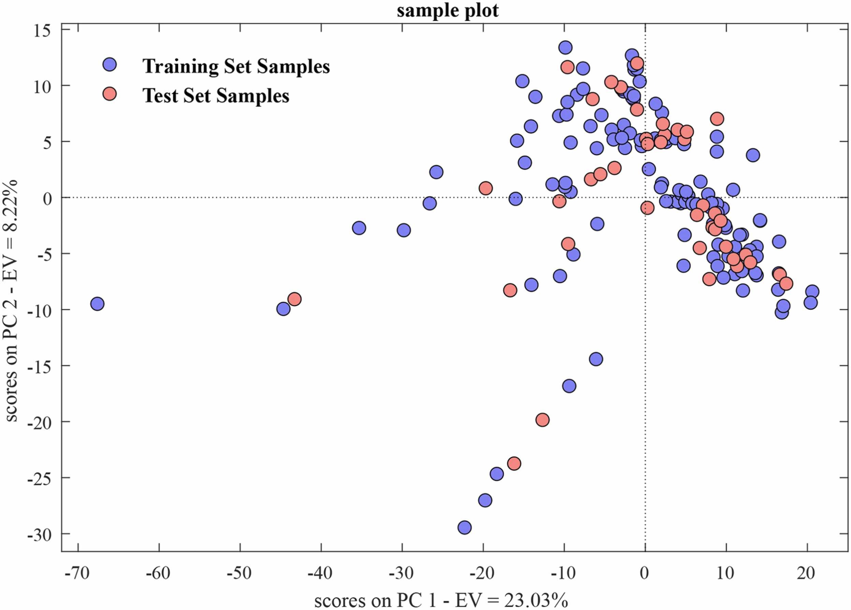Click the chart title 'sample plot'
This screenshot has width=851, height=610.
pyautogui.click(x=447, y=10)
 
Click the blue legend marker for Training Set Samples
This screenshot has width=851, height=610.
pyautogui.click(x=109, y=65)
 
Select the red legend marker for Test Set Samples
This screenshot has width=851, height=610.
pyautogui.click(x=109, y=94)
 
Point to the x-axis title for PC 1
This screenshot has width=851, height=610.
pyautogui.click(x=441, y=600)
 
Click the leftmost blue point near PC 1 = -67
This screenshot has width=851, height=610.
pyautogui.click(x=97, y=304)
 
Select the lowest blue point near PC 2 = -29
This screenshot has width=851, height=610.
pyautogui.click(x=465, y=528)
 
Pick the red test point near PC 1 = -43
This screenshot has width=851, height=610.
pyautogui.click(x=295, y=299)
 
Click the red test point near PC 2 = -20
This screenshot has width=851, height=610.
pyautogui.click(x=543, y=420)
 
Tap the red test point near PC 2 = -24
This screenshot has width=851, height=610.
pyautogui.click(x=514, y=463)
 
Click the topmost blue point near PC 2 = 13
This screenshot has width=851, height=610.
pyautogui.click(x=565, y=48)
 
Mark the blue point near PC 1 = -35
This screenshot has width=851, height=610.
pyautogui.click(x=359, y=228)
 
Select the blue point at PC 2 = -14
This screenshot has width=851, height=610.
pyautogui.click(x=596, y=359)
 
